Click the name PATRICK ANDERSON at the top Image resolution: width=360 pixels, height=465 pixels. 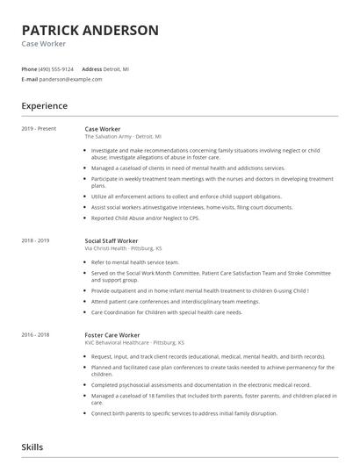(90, 30)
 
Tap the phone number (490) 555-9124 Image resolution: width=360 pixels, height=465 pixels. (56, 68)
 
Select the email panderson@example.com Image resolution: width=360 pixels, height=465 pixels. (71, 79)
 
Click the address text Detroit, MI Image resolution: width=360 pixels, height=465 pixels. (117, 68)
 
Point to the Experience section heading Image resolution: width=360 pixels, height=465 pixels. (44, 106)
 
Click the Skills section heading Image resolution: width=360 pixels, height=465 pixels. (32, 447)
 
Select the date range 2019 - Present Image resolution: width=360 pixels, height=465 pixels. (39, 129)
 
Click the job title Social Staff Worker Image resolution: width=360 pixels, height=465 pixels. (112, 240)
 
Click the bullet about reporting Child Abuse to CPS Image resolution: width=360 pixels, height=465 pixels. (145, 218)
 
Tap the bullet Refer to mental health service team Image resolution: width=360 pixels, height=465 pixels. (134, 262)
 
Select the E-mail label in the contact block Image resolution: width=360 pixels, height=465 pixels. (30, 79)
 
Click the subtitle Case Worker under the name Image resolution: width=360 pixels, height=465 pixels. (44, 43)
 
